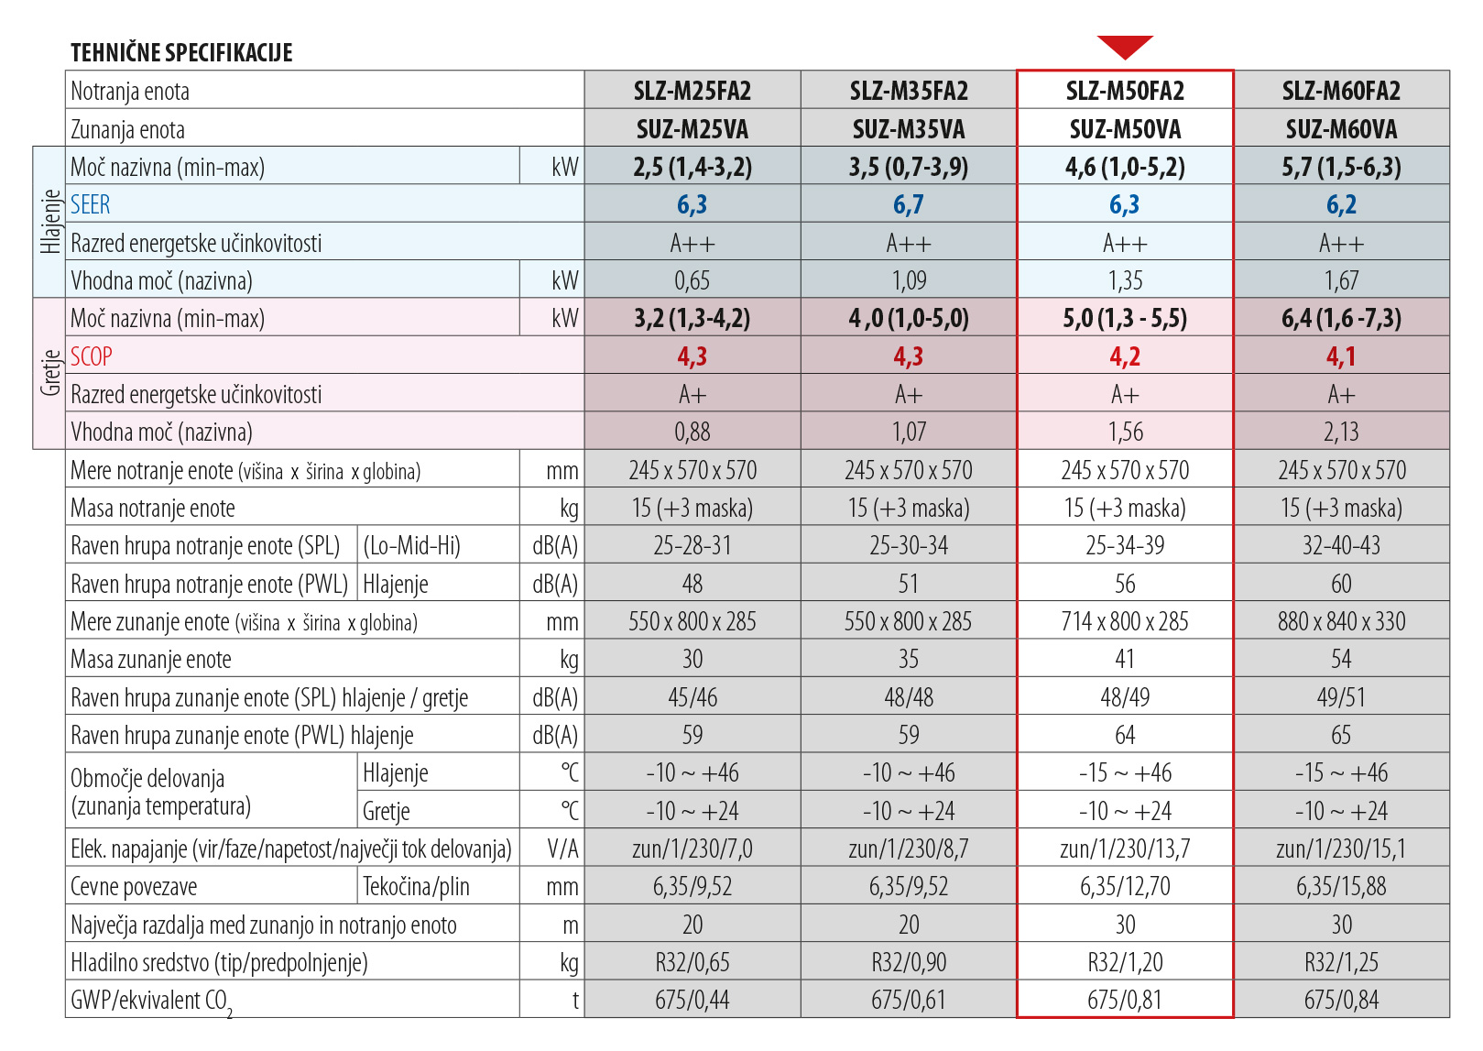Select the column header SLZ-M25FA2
click(692, 91)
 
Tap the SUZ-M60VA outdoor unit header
click(1341, 129)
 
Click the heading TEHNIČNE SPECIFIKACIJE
click(181, 53)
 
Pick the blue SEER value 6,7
click(908, 205)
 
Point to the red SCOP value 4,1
click(1341, 356)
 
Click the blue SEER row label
click(91, 205)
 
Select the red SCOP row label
click(92, 356)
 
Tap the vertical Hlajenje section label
click(50, 222)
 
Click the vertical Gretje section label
click(50, 373)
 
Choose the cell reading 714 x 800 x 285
click(1125, 621)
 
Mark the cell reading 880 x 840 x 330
click(1341, 621)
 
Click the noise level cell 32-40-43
click(1341, 546)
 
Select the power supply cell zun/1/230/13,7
click(1125, 848)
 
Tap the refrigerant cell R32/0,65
click(692, 962)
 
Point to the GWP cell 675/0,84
click(1341, 1000)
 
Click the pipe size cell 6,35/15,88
click(1341, 886)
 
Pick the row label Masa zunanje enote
click(151, 660)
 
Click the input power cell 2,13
click(1341, 432)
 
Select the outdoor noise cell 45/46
click(692, 697)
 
